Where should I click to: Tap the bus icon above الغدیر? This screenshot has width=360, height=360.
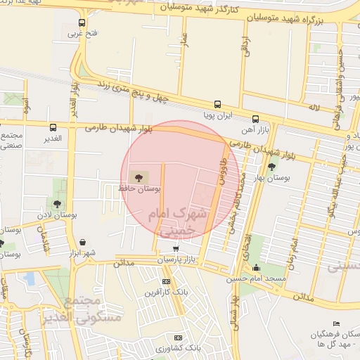click(x=53, y=127)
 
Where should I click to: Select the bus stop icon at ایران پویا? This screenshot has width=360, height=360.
click(x=217, y=103)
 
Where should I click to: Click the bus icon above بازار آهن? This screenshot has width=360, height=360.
click(x=255, y=119)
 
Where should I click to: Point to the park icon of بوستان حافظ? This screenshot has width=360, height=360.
click(x=135, y=176)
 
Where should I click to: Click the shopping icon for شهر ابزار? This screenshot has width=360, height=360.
click(x=83, y=242)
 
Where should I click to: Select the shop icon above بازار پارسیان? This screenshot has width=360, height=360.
click(x=174, y=248)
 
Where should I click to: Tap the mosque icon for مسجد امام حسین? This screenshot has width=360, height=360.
click(x=256, y=267)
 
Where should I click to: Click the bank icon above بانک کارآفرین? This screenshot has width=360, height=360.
click(x=165, y=281)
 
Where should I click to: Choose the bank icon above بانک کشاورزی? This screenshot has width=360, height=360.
click(x=177, y=337)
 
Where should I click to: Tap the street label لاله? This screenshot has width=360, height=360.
click(x=314, y=105)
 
